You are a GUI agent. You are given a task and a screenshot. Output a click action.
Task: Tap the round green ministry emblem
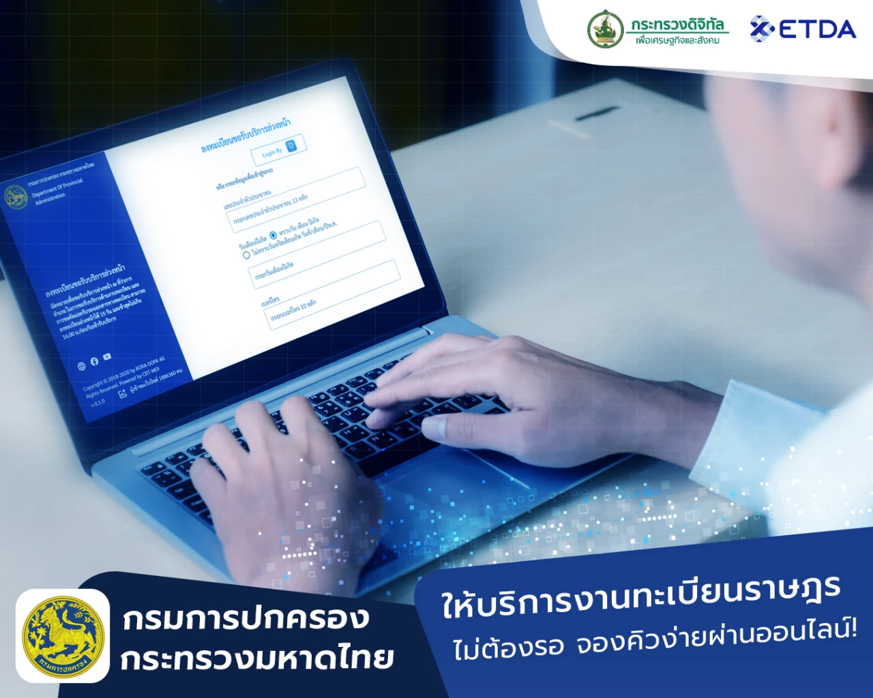pyautogui.click(x=606, y=29)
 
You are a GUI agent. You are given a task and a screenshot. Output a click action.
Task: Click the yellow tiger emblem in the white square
pyautogui.click(x=63, y=636)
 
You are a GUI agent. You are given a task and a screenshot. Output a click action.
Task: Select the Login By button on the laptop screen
pyautogui.click(x=279, y=150)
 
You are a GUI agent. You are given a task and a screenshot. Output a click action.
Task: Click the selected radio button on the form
pyautogui.click(x=273, y=236)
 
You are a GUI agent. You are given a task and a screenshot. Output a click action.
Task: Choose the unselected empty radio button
pyautogui.click(x=246, y=255)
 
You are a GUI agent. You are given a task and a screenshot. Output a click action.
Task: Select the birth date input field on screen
pyautogui.click(x=316, y=255)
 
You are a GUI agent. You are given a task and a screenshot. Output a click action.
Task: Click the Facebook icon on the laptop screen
pyautogui.click(x=95, y=361)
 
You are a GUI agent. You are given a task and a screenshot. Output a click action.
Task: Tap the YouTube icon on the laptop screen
pyautogui.click(x=107, y=356)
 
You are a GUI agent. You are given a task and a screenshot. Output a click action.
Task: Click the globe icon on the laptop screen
pyautogui.click(x=82, y=366)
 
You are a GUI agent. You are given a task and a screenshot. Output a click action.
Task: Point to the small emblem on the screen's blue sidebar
pyautogui.click(x=16, y=197)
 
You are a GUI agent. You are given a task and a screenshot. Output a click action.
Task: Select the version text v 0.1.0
pyautogui.click(x=98, y=403)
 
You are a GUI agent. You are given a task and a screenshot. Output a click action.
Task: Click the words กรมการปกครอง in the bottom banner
pyautogui.click(x=246, y=619)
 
